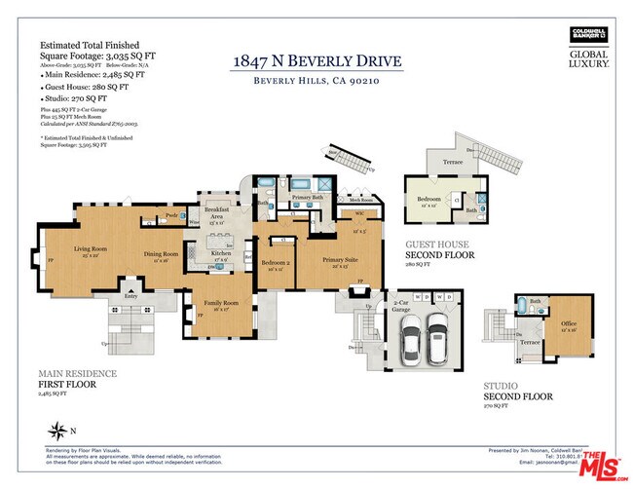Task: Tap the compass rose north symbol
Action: (x=60, y=429)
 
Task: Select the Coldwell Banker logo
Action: (x=589, y=35)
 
